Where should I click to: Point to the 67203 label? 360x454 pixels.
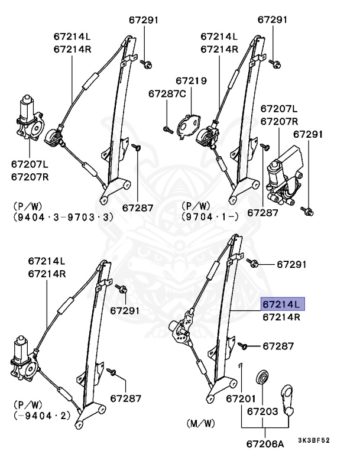point(262,410)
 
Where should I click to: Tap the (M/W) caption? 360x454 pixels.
point(199,424)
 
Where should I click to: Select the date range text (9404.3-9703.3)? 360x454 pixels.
point(61,218)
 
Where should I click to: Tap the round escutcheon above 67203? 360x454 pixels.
point(261,378)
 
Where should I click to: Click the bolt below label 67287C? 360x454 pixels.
point(167,127)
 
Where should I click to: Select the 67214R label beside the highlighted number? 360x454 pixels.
point(281,317)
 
